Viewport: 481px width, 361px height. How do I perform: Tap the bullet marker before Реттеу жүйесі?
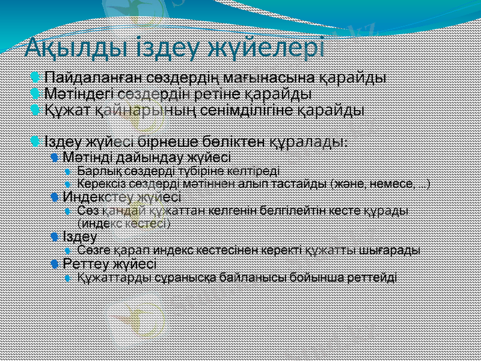point(55,264)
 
